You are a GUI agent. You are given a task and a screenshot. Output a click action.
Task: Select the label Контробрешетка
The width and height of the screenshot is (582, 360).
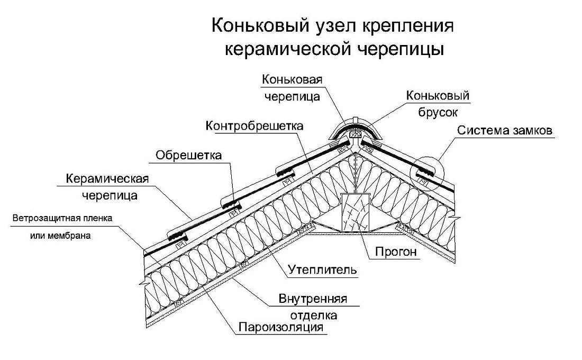tap(254, 126)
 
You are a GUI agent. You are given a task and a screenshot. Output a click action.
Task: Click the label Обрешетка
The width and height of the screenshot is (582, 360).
tap(188, 155)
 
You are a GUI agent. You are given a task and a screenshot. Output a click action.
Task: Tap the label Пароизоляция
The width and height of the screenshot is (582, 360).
tap(280, 328)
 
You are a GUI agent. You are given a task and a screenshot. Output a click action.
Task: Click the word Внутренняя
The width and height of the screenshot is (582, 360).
tap(313, 299)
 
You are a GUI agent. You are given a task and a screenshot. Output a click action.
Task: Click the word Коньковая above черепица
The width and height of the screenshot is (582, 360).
tap(292, 80)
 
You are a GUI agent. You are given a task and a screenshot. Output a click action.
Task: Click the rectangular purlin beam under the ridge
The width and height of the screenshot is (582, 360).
tap(356, 212)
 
